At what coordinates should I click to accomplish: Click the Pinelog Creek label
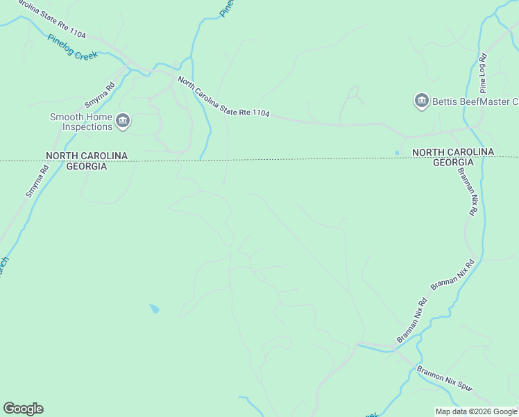click(x=73, y=47)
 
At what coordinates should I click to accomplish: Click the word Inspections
click(x=87, y=126)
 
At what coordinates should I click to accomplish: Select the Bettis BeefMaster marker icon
click(x=421, y=101)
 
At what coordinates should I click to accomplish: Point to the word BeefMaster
click(x=486, y=102)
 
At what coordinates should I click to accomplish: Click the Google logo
click(x=23, y=409)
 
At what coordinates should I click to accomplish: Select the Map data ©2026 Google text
click(x=476, y=411)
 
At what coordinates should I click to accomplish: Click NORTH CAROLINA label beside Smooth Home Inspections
click(x=87, y=156)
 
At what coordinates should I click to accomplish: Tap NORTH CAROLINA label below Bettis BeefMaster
click(x=452, y=152)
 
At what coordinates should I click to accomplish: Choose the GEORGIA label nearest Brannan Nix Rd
click(x=452, y=163)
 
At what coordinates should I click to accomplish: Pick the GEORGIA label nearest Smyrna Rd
click(x=87, y=167)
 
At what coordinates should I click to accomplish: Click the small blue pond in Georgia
click(x=153, y=308)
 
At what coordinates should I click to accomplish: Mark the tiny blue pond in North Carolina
click(x=397, y=152)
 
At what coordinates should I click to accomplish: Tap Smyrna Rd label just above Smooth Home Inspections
click(x=99, y=95)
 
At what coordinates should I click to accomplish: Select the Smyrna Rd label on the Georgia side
click(x=37, y=181)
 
